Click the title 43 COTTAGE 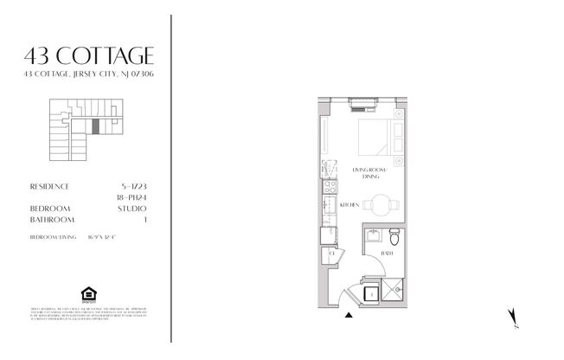tap(89, 57)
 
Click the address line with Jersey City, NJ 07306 tap(89, 74)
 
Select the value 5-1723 tap(131, 186)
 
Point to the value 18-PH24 tap(130, 197)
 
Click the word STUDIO tap(131, 209)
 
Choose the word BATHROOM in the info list tap(50, 220)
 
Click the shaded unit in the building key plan tap(96, 125)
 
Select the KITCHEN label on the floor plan tap(349, 205)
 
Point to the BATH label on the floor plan tap(388, 254)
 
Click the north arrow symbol tap(515, 318)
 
